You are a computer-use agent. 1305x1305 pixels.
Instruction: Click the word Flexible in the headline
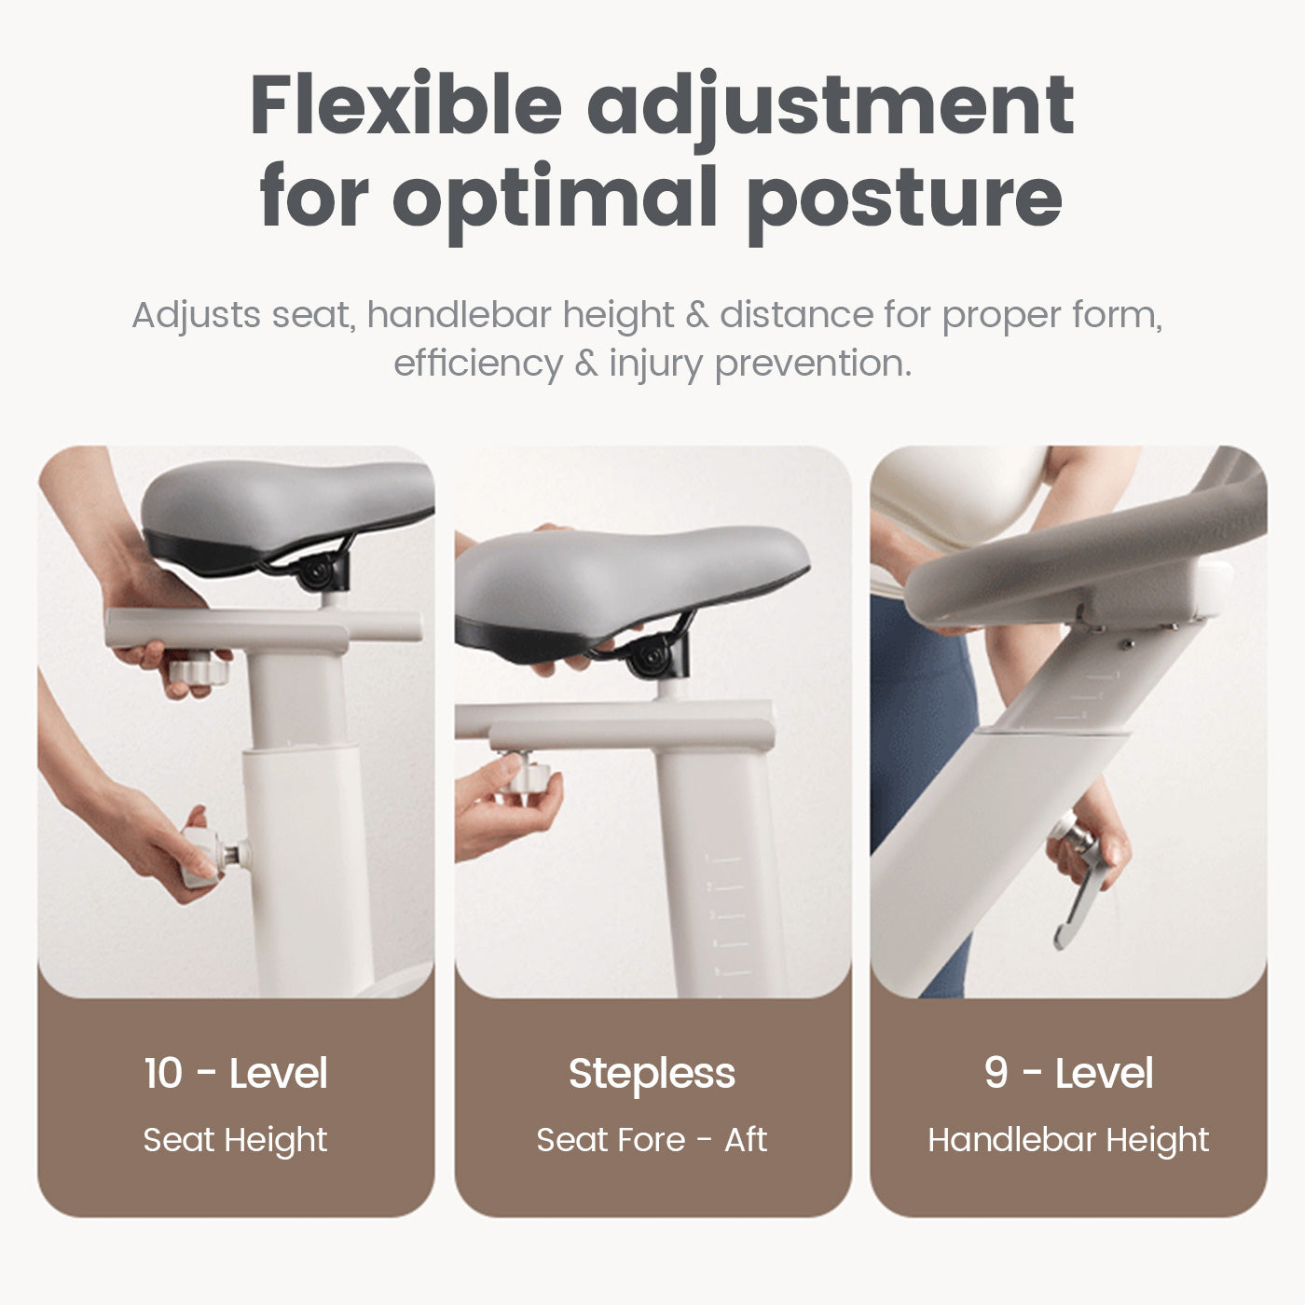(x=405, y=105)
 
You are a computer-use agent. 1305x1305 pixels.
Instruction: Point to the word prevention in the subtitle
(x=814, y=364)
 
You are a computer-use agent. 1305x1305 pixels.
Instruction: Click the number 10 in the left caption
(x=163, y=1073)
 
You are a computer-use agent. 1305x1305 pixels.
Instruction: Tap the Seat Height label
(x=235, y=1140)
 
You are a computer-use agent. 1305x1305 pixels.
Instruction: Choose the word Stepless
(x=652, y=1075)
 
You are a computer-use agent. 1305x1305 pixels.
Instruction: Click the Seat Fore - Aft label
(x=652, y=1140)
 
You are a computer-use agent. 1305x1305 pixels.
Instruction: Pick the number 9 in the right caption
(x=996, y=1073)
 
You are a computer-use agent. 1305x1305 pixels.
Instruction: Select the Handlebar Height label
(x=1068, y=1140)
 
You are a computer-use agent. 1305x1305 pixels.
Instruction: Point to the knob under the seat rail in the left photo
(x=199, y=669)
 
